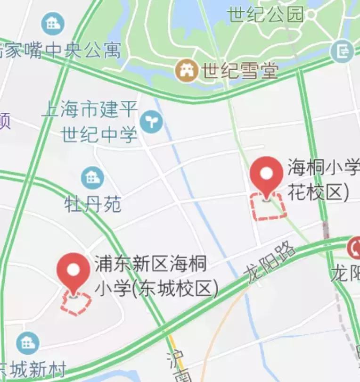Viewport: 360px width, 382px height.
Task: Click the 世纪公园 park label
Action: pyautogui.click(x=265, y=15)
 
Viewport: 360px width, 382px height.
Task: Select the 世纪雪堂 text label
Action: pyautogui.click(x=240, y=71)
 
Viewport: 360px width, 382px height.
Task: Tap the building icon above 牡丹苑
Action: pyautogui.click(x=92, y=177)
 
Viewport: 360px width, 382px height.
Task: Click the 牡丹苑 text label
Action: pyautogui.click(x=93, y=204)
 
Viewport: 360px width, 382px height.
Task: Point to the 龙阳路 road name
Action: pyautogui.click(x=270, y=264)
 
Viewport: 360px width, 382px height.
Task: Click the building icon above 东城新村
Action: pyautogui.click(x=27, y=343)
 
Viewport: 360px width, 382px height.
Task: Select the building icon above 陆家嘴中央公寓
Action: pyautogui.click(x=53, y=23)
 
